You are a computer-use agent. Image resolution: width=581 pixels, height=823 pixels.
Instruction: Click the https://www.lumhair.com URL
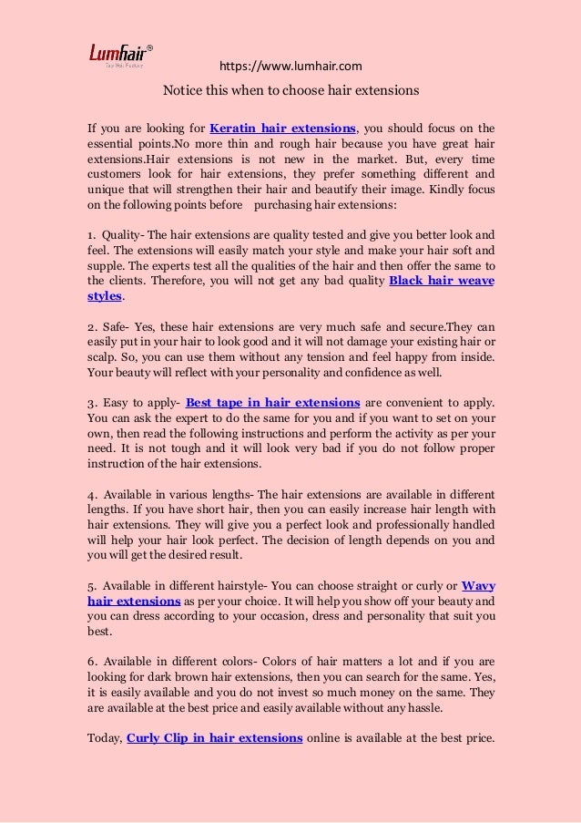pos(291,66)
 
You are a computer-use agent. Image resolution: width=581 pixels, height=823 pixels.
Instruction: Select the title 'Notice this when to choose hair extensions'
pos(290,91)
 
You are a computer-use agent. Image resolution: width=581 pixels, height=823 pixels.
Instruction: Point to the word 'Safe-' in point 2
pos(118,325)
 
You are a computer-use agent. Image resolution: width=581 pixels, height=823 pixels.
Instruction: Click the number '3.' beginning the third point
pos(93,402)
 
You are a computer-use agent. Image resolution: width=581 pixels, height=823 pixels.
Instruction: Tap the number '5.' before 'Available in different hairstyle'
pos(93,585)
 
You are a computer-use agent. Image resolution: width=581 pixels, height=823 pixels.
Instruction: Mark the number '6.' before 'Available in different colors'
pos(93,661)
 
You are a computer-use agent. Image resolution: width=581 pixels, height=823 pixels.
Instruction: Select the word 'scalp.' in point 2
pos(103,356)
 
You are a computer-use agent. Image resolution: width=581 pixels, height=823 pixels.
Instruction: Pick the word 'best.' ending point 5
pos(99,631)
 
